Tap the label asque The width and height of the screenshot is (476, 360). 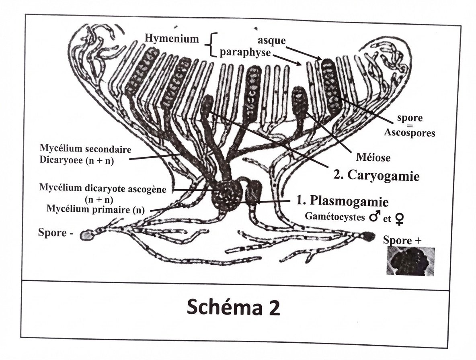pyautogui.click(x=272, y=41)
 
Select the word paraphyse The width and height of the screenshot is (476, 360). pyautogui.click(x=245, y=53)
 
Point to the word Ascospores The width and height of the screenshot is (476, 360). pyautogui.click(x=409, y=133)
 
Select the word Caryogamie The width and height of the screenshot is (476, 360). pyautogui.click(x=382, y=176)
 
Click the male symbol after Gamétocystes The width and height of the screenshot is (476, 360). pyautogui.click(x=374, y=217)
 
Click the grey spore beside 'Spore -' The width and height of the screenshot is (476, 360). pyautogui.click(x=86, y=235)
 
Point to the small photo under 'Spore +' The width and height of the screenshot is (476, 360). pyautogui.click(x=410, y=262)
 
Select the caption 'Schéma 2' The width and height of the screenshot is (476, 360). pyautogui.click(x=233, y=308)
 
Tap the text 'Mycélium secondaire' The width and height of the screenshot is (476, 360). pyautogui.click(x=86, y=150)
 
